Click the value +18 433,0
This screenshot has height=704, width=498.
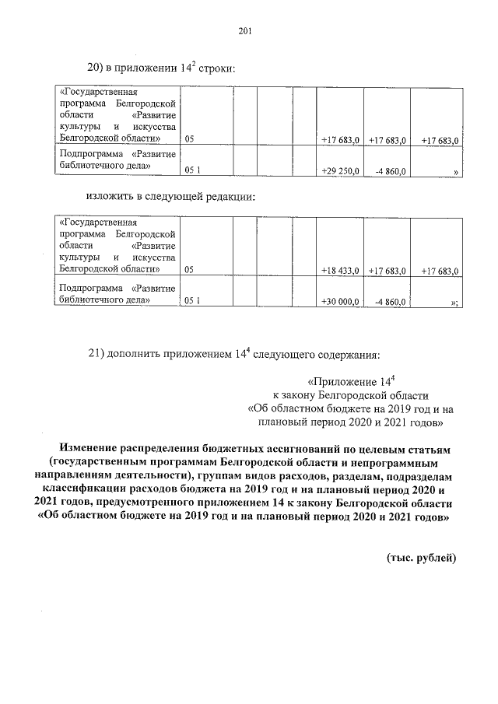(x=340, y=271)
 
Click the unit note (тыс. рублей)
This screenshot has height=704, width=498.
(x=421, y=558)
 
